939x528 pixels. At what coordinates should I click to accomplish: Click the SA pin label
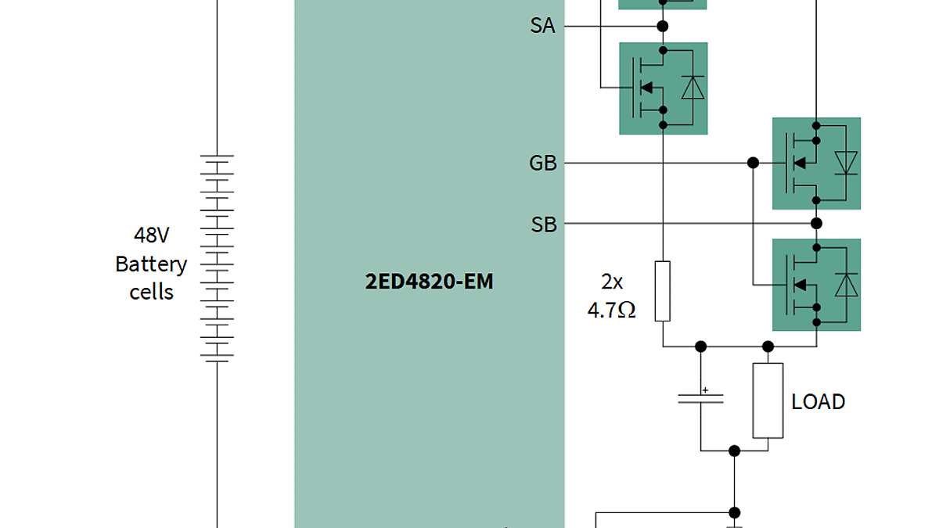(x=542, y=26)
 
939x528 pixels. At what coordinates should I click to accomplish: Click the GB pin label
(x=542, y=163)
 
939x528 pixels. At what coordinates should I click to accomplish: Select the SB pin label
(x=543, y=224)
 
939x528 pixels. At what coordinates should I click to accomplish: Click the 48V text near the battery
(x=151, y=235)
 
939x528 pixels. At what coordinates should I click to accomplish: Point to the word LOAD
(x=818, y=402)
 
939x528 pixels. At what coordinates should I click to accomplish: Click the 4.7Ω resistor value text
(x=611, y=310)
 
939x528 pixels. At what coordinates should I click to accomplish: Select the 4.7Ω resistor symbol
(x=663, y=291)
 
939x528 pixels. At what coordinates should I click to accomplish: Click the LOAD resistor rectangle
(x=768, y=400)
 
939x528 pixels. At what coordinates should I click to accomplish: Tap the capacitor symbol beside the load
(x=700, y=398)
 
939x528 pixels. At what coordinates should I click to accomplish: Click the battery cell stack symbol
(x=217, y=258)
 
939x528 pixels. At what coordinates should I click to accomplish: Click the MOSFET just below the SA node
(x=663, y=88)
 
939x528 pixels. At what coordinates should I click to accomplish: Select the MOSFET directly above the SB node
(x=816, y=163)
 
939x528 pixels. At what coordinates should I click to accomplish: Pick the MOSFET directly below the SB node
(x=816, y=285)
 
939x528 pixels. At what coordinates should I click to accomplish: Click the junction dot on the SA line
(x=663, y=26)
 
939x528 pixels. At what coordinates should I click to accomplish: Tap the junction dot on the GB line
(x=753, y=163)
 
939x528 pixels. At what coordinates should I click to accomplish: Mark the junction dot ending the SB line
(x=816, y=224)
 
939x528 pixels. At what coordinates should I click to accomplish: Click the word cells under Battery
(x=151, y=293)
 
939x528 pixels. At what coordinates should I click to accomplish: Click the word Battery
(x=151, y=264)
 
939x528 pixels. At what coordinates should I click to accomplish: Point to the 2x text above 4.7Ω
(x=611, y=281)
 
